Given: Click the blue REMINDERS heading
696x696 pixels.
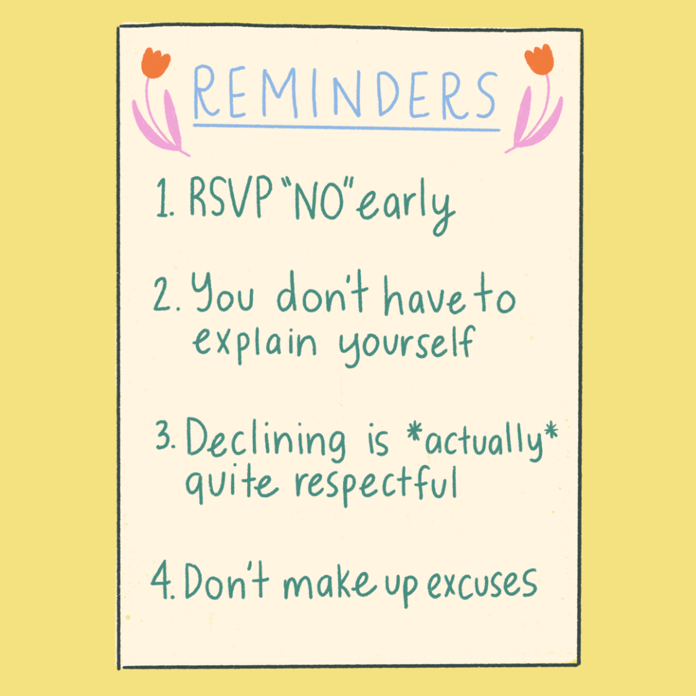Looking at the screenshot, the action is click(x=345, y=93).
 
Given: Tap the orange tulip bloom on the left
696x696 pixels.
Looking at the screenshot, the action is click(x=155, y=63).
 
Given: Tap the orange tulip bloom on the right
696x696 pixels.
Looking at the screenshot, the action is click(x=539, y=60).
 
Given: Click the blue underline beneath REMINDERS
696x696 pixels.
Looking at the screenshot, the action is click(x=346, y=127).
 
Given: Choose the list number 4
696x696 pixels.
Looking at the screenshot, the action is click(x=163, y=583).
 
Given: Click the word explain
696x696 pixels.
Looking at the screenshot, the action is click(x=255, y=343).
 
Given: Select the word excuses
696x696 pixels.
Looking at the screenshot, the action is click(x=482, y=584).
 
